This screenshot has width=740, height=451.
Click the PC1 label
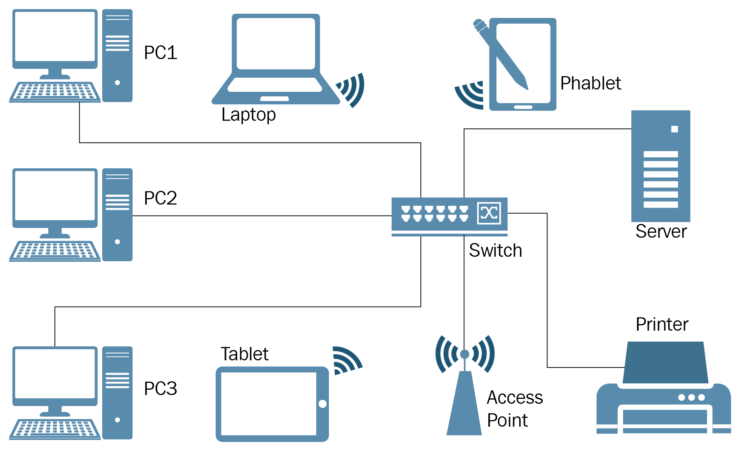pos(161,53)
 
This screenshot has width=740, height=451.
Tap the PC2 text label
pos(161,198)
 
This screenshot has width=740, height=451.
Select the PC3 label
pos(161,389)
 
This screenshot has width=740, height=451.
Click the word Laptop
pos(249,115)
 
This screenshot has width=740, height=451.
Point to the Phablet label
pos(591,83)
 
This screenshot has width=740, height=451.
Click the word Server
pos(661,232)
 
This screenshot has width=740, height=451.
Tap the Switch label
pos(495,251)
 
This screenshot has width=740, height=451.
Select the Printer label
pos(662,325)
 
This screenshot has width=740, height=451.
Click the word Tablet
pos(244,354)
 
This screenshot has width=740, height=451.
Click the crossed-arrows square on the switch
pos(489,213)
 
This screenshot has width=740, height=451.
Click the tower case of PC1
pos(117,56)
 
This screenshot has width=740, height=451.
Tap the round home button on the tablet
pos(323,404)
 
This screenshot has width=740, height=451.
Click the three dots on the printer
pos(691,397)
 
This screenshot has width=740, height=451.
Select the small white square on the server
pos(674,129)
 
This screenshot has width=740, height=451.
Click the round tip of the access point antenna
pos(464,354)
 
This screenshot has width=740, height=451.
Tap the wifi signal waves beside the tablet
pos(345,360)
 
